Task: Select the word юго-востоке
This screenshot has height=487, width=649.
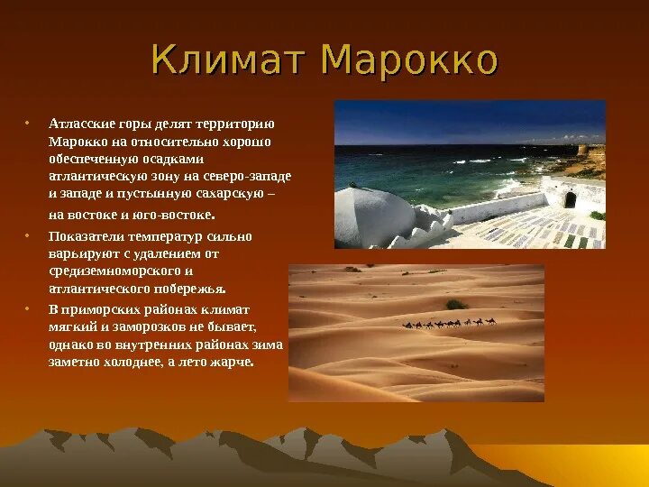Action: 178,215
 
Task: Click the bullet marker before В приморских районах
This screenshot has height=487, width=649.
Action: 27,309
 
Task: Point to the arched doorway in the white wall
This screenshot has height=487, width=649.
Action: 570,200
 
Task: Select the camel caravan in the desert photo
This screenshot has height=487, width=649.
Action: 449,323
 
